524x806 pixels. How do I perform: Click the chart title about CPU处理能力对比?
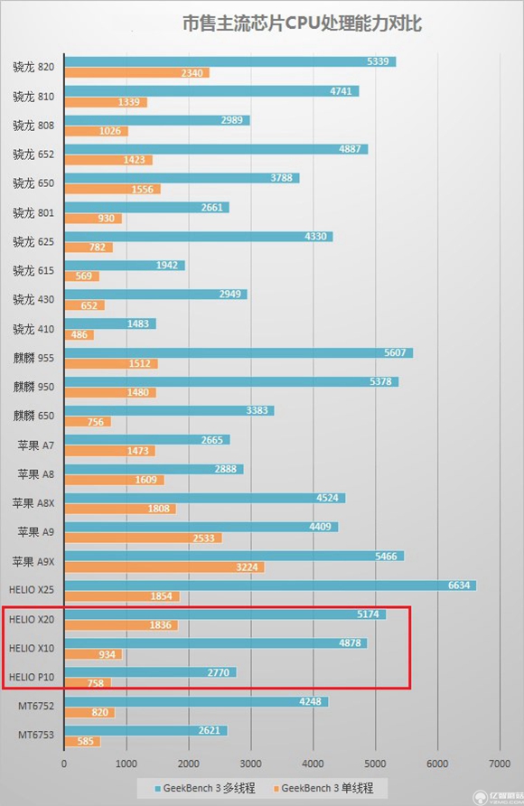point(302,23)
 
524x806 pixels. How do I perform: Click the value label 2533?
point(206,538)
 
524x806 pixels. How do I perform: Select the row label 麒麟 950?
point(34,387)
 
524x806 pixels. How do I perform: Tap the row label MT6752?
point(36,706)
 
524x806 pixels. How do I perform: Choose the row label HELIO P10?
point(33,677)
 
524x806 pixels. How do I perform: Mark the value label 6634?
point(459,586)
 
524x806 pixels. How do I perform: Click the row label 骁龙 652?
point(34,154)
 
